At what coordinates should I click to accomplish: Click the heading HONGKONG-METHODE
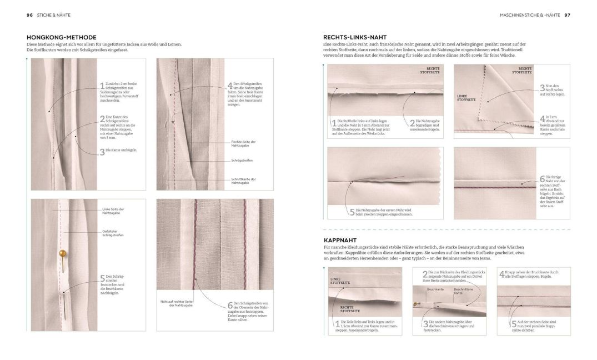(62, 37)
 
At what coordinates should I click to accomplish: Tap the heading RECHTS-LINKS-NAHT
(354, 37)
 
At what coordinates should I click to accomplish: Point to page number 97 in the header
(567, 14)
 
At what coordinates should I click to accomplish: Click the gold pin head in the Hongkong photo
(62, 254)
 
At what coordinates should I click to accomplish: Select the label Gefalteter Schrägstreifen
(113, 233)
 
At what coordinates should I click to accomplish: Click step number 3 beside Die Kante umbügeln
(102, 151)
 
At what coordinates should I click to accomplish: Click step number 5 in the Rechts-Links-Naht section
(352, 212)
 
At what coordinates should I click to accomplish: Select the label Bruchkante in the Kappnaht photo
(435, 289)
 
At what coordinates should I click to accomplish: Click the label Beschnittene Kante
(463, 291)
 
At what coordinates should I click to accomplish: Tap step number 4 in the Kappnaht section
(502, 273)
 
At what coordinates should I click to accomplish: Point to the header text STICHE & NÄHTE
(55, 14)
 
